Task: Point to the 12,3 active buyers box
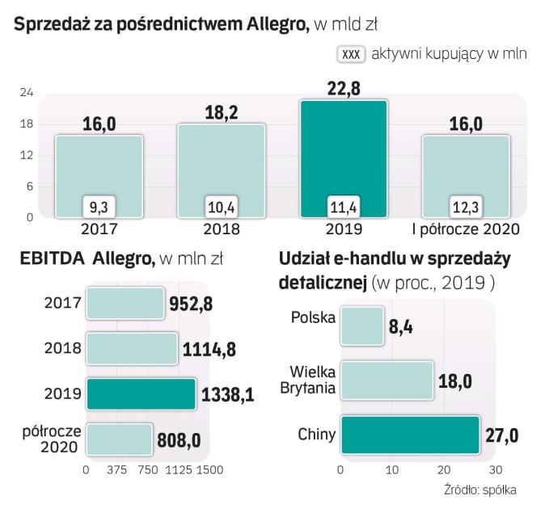click(x=465, y=207)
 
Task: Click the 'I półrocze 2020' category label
click(x=466, y=229)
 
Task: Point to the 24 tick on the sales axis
click(x=26, y=94)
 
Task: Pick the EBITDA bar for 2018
click(x=131, y=348)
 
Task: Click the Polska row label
click(x=313, y=317)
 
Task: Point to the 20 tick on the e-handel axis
click(x=444, y=469)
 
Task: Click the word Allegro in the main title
click(x=268, y=23)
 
